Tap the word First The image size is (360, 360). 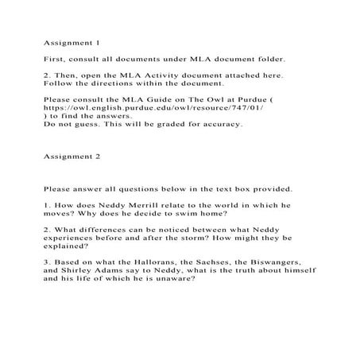[x=56, y=60]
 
